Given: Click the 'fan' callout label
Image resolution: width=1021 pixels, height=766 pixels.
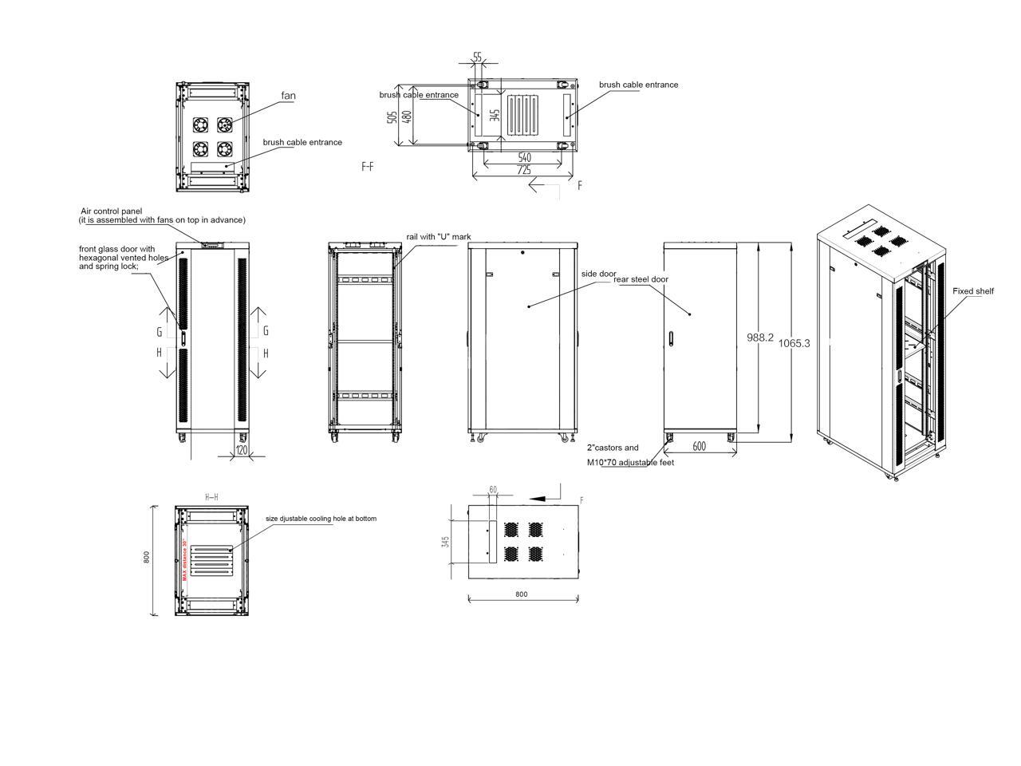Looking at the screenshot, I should click(x=288, y=97).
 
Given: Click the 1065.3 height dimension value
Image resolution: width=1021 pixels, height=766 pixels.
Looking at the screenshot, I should click(x=794, y=343).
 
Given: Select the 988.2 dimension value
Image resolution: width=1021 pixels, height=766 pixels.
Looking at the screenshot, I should click(x=760, y=338).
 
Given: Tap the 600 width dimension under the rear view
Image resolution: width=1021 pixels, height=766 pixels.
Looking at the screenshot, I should click(x=699, y=447).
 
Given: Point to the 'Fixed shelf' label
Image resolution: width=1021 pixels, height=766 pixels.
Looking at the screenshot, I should click(x=973, y=291).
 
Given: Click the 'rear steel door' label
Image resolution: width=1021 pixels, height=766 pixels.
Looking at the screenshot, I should click(x=641, y=279).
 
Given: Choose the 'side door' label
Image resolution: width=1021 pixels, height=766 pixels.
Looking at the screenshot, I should click(x=598, y=274).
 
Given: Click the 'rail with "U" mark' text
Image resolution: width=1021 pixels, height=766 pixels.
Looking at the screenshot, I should click(x=439, y=237).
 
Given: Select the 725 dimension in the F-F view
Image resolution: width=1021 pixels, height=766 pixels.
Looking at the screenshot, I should click(x=524, y=170).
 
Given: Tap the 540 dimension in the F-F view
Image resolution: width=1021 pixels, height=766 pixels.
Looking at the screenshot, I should click(x=524, y=158).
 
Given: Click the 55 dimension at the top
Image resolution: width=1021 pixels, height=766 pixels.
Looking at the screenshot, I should click(x=477, y=57).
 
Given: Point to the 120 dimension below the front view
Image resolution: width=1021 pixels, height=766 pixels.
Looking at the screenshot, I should click(x=241, y=451).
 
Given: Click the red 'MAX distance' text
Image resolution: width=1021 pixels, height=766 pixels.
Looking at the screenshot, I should click(x=184, y=555).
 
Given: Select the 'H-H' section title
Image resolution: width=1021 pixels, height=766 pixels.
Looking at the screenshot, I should click(x=211, y=497).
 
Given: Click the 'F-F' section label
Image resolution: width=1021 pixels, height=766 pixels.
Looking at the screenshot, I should click(x=368, y=167).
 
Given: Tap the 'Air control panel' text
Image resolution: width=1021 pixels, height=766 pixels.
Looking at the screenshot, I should click(x=112, y=211).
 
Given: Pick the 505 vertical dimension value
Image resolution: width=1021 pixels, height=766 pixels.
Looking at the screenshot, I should click(x=392, y=116).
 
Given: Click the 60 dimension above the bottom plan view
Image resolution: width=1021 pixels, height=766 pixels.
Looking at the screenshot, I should click(x=493, y=489).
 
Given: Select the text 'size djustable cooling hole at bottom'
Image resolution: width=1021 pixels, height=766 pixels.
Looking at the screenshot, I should click(x=321, y=519).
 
